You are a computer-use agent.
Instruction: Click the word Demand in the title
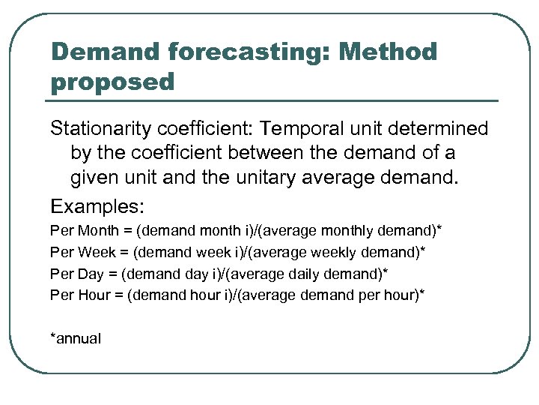click(106, 52)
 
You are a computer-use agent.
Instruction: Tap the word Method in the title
click(388, 52)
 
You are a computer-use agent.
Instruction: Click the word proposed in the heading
click(112, 82)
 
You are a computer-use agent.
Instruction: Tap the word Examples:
click(97, 205)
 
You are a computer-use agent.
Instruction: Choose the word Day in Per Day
click(88, 273)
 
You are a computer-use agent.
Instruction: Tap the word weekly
click(338, 251)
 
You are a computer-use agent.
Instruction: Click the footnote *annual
click(75, 338)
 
